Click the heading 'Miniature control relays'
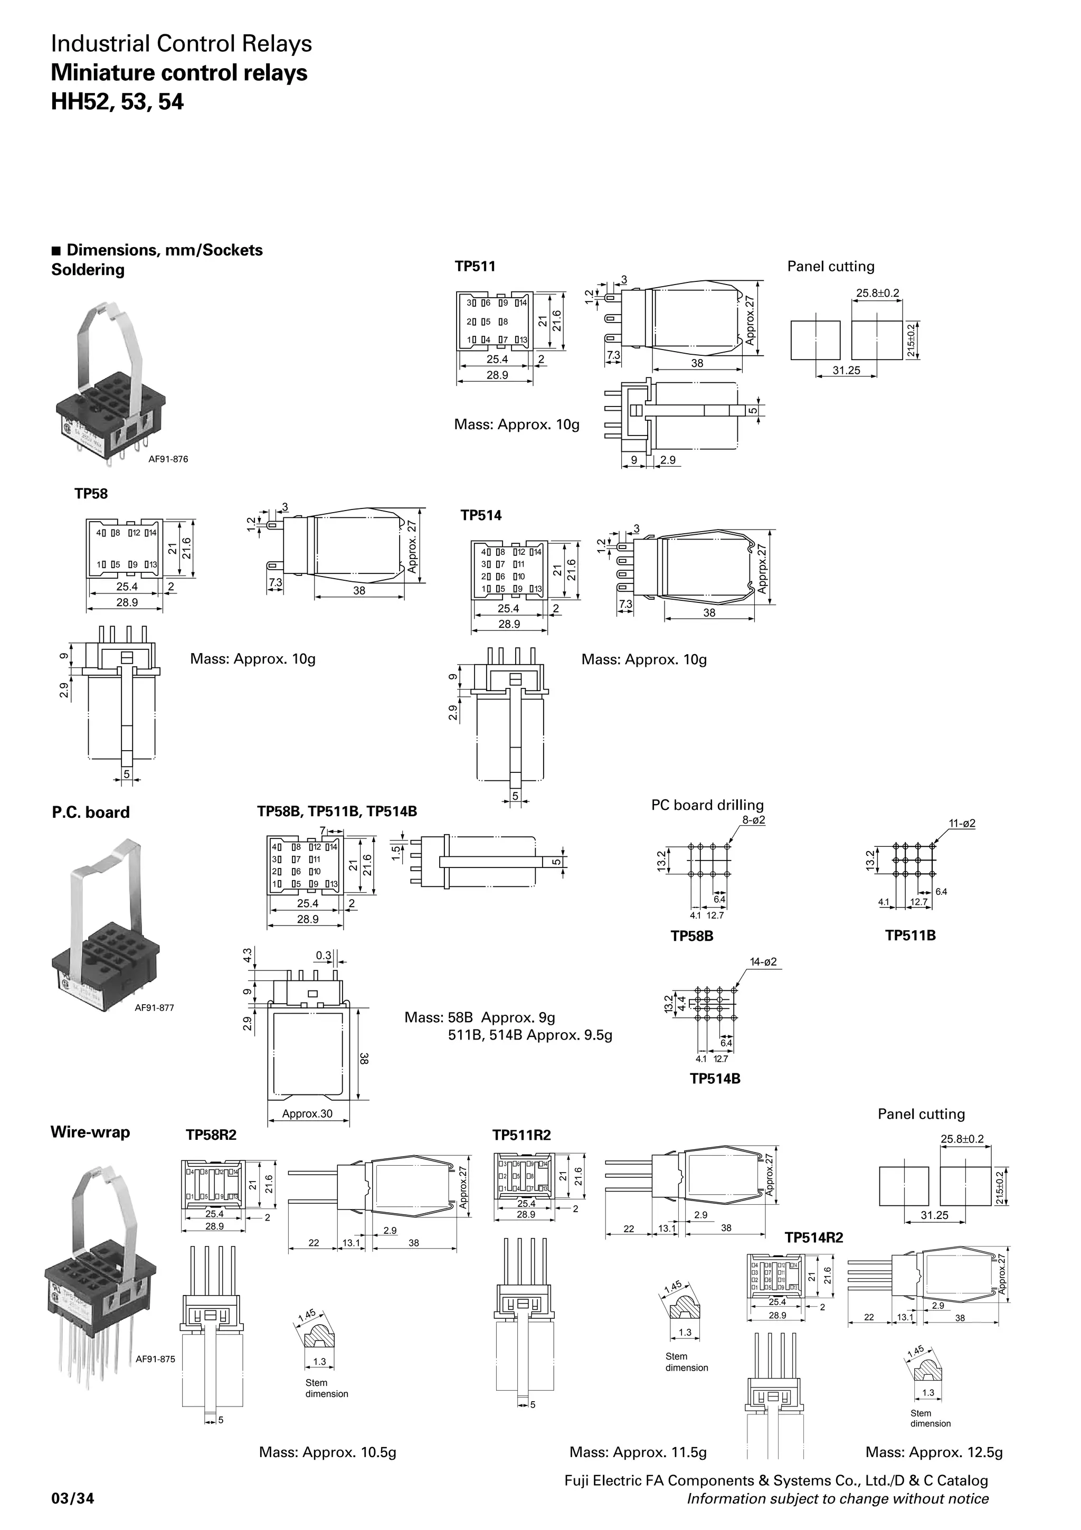179,73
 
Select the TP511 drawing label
475,267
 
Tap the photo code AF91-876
167,459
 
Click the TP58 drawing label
91,494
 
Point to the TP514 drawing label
481,515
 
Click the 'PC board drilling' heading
707,805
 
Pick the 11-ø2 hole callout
962,823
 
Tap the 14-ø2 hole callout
763,962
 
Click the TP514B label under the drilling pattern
715,1079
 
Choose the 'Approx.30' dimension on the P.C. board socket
307,1113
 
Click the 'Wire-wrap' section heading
91,1132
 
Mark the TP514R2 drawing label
813,1238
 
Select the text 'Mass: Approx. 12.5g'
934,1452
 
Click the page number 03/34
73,1499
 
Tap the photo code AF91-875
155,1359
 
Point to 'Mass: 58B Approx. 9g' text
480,1017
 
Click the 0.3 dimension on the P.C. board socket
324,956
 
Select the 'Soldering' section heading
88,270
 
